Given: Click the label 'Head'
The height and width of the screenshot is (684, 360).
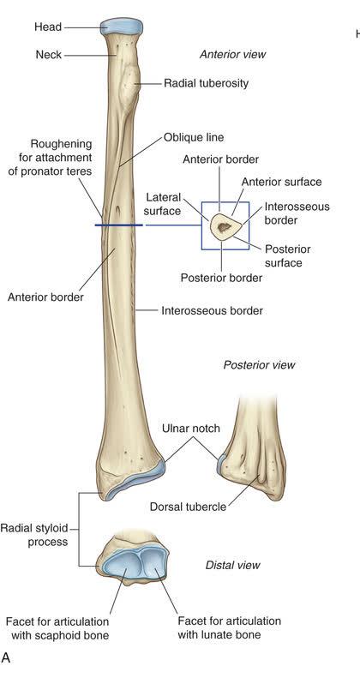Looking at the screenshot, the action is tap(48, 27).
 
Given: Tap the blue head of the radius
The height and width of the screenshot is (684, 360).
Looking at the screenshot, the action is tap(121, 26).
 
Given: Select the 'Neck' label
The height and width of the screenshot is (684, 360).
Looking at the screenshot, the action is tap(49, 55).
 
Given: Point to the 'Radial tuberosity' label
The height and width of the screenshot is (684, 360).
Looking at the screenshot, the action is tap(206, 83).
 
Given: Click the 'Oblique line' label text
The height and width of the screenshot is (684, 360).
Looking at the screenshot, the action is tap(194, 137).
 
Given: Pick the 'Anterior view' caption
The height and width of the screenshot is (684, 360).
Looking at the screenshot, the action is tap(232, 55).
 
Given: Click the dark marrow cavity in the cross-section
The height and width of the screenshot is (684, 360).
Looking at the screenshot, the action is tap(225, 227).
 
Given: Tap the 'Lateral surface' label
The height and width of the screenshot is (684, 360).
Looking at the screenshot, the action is tap(162, 204).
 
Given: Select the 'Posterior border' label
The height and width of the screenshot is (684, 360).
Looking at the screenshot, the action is tap(222, 278).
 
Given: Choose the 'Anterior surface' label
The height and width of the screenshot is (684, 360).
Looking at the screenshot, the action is tap(281, 182).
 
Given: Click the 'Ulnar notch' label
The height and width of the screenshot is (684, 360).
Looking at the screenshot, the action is tap(190, 429).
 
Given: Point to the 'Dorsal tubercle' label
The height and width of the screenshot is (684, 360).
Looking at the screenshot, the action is tap(188, 507).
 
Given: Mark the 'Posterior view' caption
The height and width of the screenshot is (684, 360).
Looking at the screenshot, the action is tap(259, 364).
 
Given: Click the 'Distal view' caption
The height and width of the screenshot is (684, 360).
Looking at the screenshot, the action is tap(232, 566).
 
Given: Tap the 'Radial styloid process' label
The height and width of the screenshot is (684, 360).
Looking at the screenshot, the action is tap(34, 535).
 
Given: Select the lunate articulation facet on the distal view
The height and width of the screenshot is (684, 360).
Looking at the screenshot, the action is tap(153, 562).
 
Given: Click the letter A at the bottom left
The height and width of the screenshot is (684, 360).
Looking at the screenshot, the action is tap(6, 657).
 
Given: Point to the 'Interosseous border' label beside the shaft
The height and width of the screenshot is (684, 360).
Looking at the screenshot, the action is tap(212, 310).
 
